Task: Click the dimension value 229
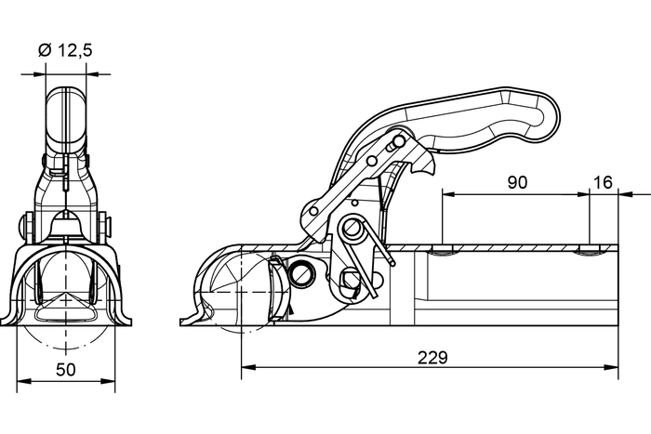[433, 356]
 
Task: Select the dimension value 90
[517, 182]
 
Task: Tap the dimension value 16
[603, 182]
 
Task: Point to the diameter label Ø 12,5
[65, 50]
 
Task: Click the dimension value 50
[65, 370]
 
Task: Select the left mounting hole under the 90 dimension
[444, 250]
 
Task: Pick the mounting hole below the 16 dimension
[590, 250]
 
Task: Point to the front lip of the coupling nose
[190, 321]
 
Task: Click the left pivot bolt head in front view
[24, 226]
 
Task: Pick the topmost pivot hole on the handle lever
[399, 141]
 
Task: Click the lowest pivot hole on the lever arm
[313, 211]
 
